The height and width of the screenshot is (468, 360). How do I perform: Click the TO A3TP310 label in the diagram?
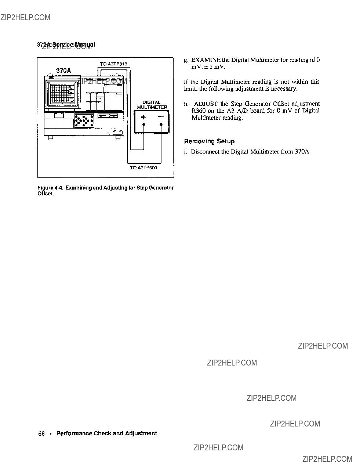[x=113, y=64]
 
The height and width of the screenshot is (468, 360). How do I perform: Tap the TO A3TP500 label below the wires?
[x=143, y=168]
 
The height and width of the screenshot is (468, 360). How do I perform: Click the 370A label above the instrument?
[x=63, y=71]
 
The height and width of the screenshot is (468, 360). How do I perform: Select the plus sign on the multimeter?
[x=143, y=117]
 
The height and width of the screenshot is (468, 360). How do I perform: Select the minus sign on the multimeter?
[x=161, y=117]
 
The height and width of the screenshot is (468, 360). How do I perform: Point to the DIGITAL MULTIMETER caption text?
[x=152, y=105]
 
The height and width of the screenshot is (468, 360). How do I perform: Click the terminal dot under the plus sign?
[x=143, y=124]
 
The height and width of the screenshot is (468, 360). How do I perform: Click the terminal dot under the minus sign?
[x=161, y=124]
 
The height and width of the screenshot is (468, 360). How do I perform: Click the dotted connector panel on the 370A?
[x=84, y=120]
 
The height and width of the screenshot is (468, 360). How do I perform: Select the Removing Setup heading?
[x=209, y=141]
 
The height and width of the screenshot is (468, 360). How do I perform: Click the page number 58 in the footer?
[x=41, y=433]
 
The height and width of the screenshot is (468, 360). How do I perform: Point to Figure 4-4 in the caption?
[x=50, y=188]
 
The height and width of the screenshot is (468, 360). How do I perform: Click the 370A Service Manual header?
[x=66, y=44]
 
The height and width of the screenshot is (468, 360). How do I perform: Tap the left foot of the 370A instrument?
[x=51, y=138]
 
